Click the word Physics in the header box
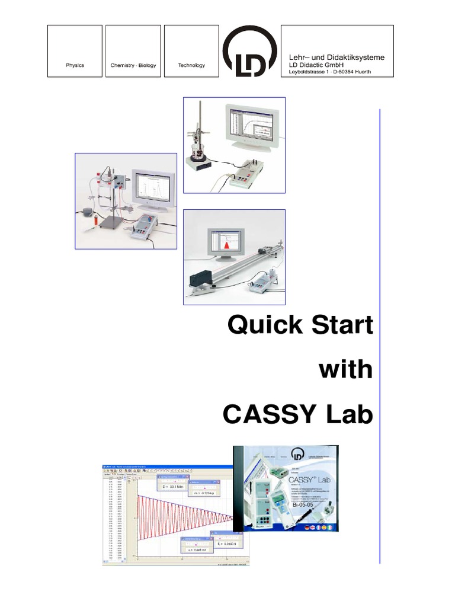(x=75, y=65)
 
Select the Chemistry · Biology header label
(x=133, y=65)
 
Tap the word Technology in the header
(x=191, y=65)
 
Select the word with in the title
(x=346, y=370)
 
